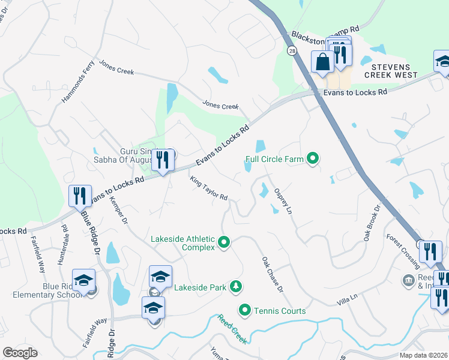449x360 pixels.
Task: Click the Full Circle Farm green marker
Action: click(313, 159)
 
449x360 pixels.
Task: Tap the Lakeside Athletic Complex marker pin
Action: click(224, 242)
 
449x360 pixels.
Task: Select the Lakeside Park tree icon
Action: click(237, 287)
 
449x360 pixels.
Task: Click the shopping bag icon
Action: click(322, 61)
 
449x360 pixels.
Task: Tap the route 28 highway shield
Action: click(292, 51)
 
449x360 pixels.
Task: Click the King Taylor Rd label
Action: click(208, 188)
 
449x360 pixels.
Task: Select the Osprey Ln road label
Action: click(283, 200)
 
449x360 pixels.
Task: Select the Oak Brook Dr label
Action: click(372, 223)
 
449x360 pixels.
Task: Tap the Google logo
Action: click(20, 353)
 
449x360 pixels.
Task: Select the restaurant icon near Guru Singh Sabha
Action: click(162, 160)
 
